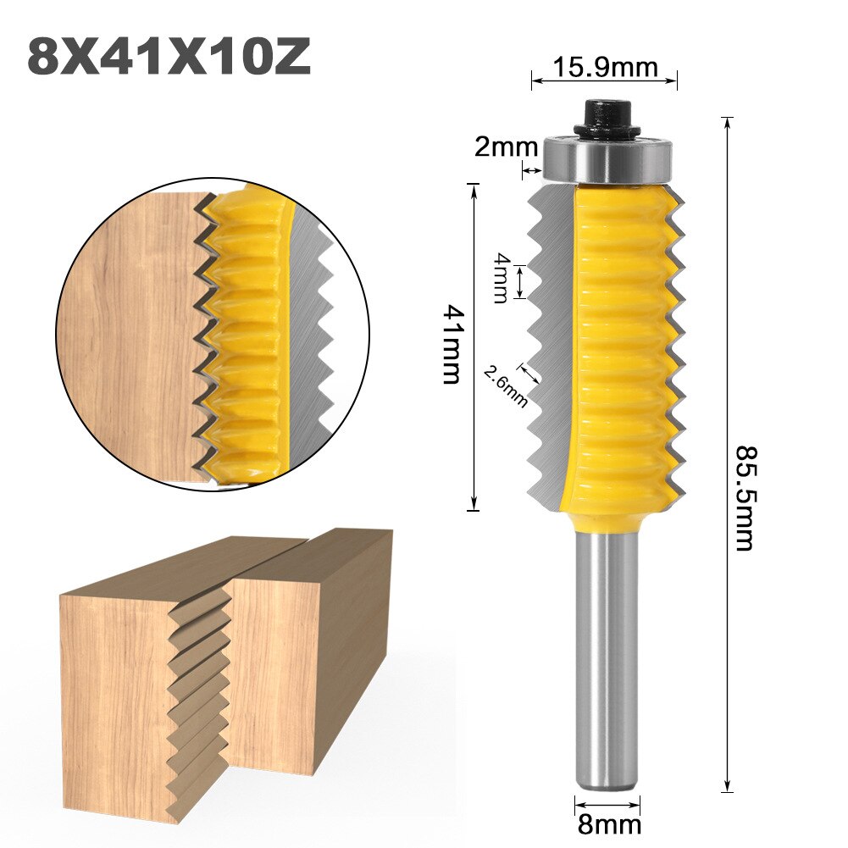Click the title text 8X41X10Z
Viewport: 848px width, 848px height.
tap(169, 57)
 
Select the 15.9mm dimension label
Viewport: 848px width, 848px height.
tap(604, 65)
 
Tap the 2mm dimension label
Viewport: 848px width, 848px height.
tap(505, 147)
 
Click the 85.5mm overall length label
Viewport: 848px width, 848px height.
tap(743, 497)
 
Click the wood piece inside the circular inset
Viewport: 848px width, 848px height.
tap(127, 339)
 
